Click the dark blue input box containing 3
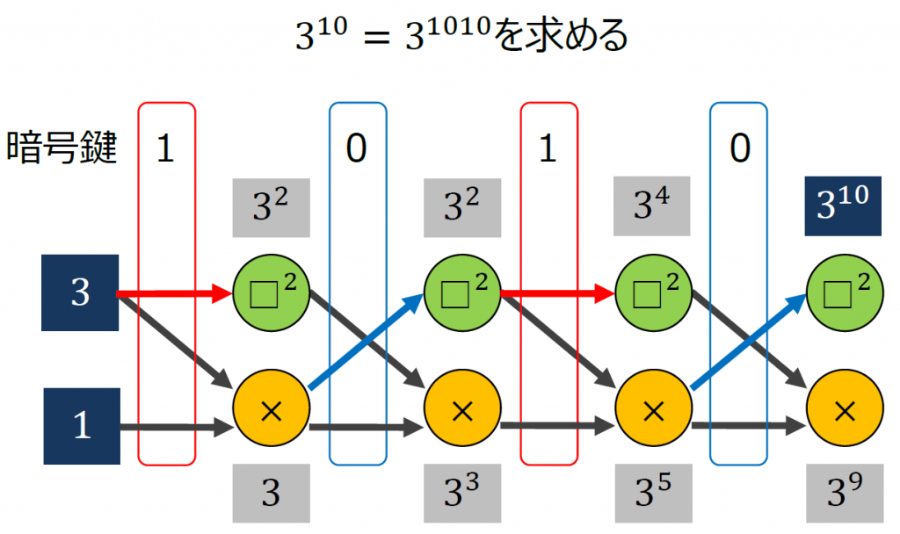coord(80,292)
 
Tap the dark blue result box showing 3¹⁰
coord(844,207)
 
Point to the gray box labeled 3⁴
coord(652,207)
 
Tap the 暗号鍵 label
coord(62,148)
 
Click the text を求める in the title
coord(562,37)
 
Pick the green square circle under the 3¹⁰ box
coord(844,292)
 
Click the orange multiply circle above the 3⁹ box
coord(844,408)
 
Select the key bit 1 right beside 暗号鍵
coord(165,149)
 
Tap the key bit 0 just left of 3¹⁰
coord(739,149)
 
